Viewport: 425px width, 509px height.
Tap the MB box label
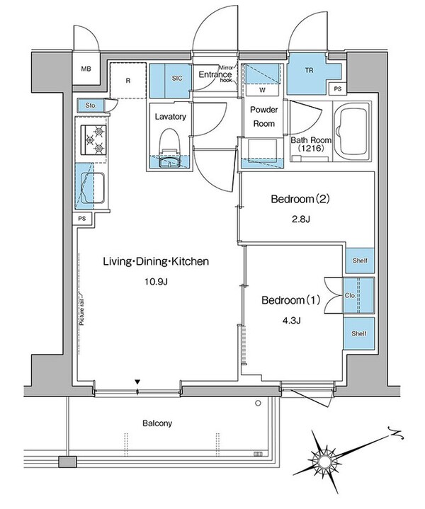tap(86, 69)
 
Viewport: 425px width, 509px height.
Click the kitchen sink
tap(93, 187)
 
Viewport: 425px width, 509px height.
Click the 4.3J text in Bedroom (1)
tap(291, 321)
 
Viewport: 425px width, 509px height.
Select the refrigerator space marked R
tap(127, 80)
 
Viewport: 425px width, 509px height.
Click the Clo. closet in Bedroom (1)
tap(350, 296)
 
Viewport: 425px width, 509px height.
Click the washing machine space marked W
tap(262, 90)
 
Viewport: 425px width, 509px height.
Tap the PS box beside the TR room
tap(338, 88)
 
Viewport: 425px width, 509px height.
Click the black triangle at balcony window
tap(137, 382)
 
